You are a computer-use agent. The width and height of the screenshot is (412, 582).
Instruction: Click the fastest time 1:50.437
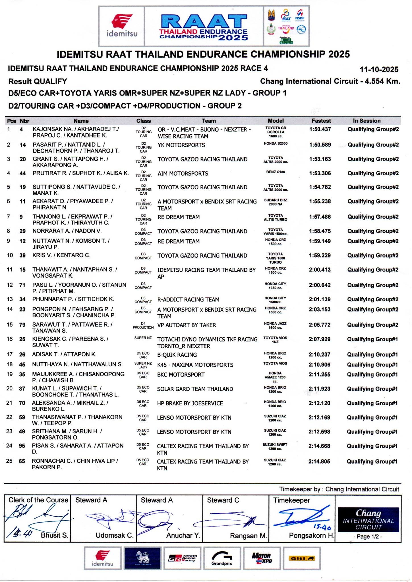point(320,129)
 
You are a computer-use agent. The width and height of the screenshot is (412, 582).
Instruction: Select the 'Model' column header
point(276,121)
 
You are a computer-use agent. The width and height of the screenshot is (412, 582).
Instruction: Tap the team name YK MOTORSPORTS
point(181,145)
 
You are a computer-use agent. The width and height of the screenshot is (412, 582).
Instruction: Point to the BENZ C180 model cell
point(276,172)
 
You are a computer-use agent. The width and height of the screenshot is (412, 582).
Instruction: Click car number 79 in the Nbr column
point(22,325)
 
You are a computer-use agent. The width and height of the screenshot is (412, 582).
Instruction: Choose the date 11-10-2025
point(379,70)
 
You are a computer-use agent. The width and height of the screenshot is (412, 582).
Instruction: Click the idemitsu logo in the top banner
point(122,26)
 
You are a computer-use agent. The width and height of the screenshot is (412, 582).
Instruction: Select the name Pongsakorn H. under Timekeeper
point(312,536)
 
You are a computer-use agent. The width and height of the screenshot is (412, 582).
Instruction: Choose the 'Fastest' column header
point(321,121)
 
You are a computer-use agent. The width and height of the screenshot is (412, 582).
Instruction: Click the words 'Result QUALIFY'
point(38,82)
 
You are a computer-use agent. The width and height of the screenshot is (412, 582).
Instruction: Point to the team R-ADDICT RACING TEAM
point(188,300)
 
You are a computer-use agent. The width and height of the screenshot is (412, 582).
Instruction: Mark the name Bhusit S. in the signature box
point(55,535)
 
